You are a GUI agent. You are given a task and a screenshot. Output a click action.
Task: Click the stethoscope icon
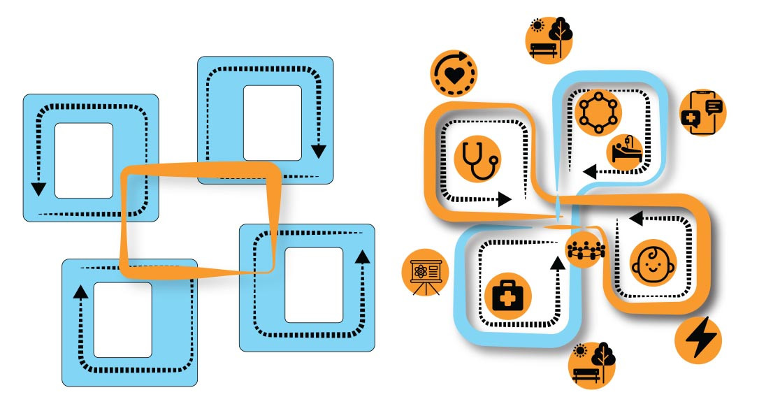coord(479,159)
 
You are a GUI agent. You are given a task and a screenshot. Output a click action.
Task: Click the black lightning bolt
coord(698,340)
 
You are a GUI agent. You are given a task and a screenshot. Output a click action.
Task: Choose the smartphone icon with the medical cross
coord(702,112)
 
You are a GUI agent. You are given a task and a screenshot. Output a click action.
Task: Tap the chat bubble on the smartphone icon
coord(714,106)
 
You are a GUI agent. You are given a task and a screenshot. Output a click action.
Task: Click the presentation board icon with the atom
coord(424,272)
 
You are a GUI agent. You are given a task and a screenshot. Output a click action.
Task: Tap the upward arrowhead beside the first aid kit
coord(557,263)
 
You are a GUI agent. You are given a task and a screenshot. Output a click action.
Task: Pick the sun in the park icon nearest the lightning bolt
coord(579,351)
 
